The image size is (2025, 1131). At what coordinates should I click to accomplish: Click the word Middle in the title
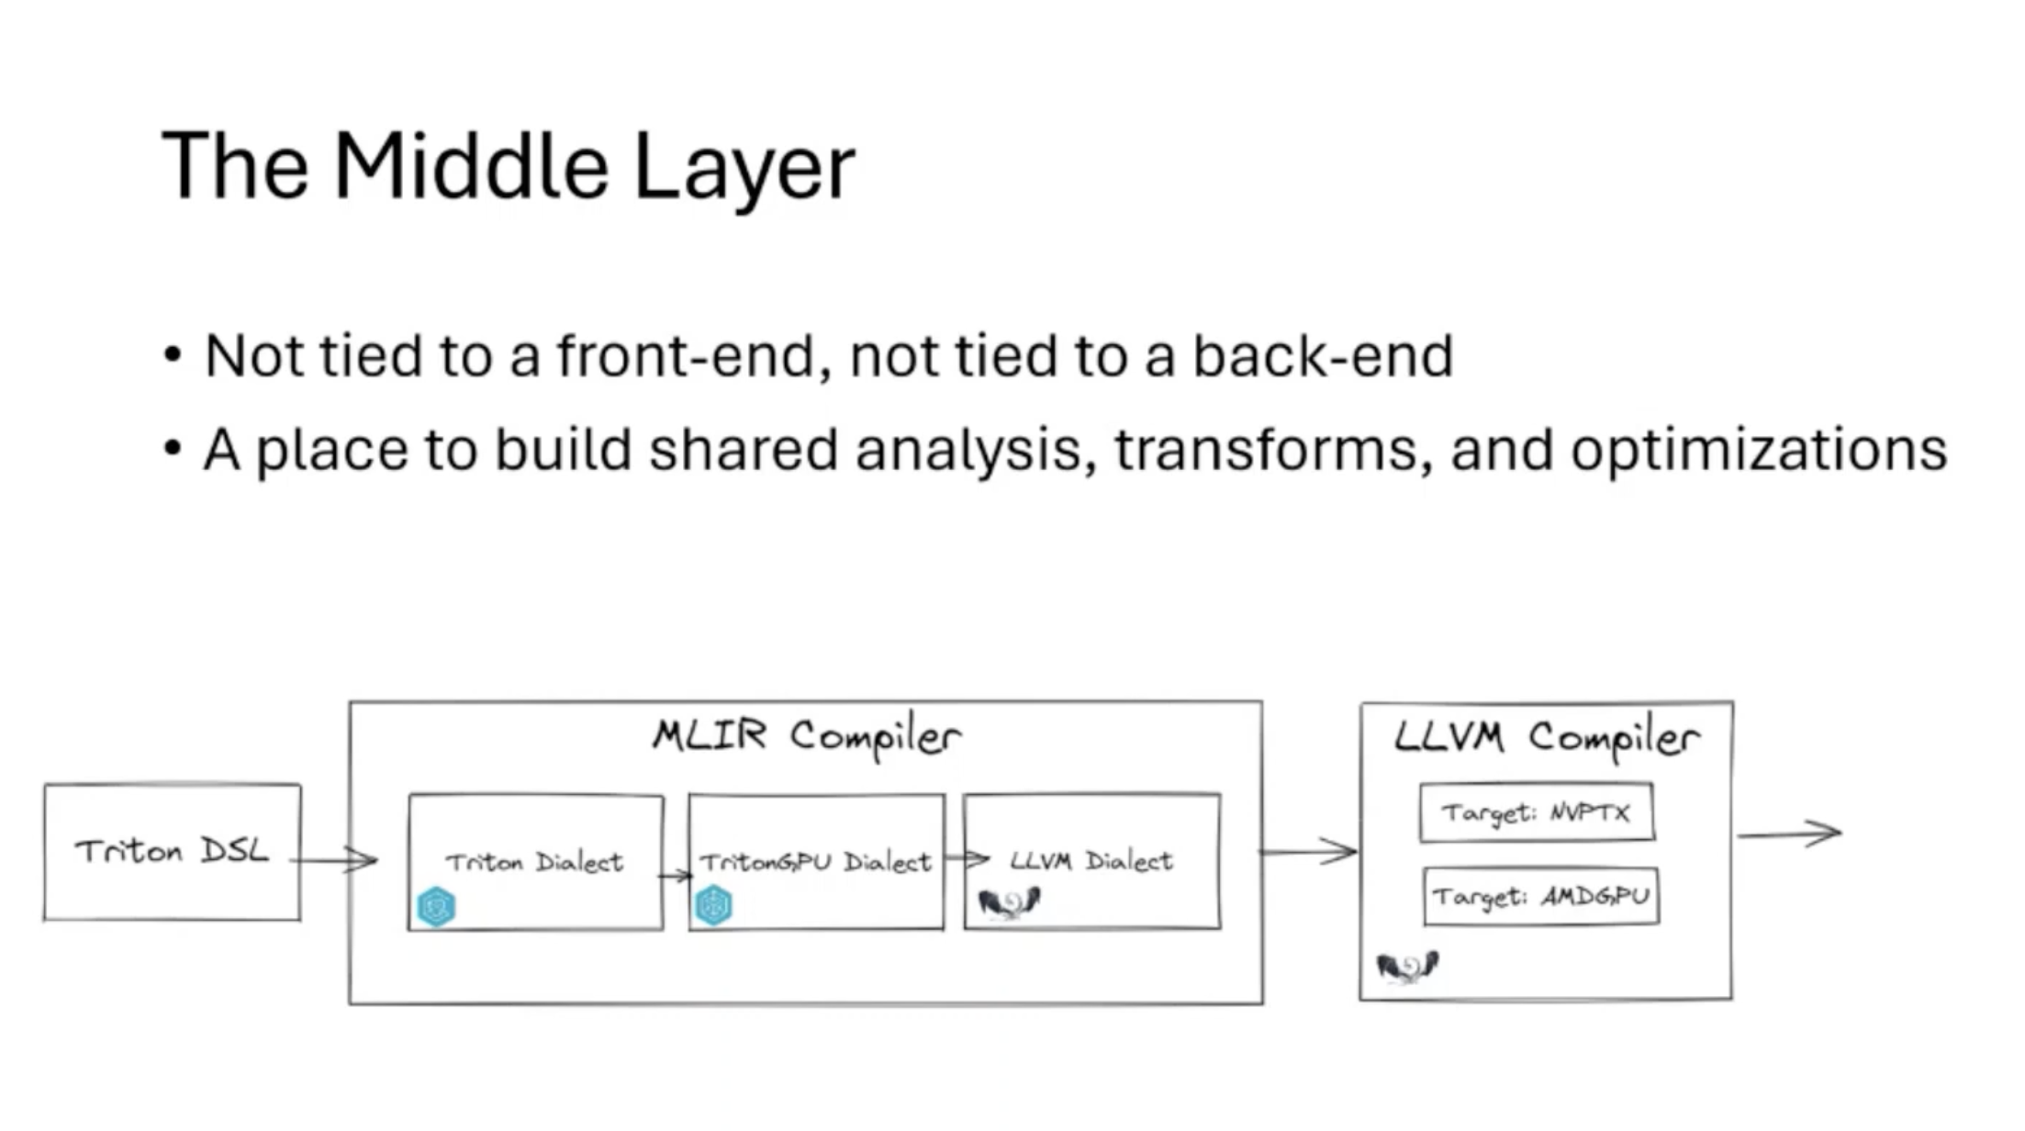[x=471, y=166]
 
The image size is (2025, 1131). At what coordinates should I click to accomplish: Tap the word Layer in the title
[x=744, y=170]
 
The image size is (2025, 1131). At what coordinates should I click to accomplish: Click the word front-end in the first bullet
[x=685, y=355]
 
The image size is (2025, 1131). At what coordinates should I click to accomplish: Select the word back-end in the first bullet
[x=1323, y=355]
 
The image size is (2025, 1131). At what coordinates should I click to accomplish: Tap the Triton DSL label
[x=172, y=851]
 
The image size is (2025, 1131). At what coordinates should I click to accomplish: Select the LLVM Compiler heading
[x=1547, y=738]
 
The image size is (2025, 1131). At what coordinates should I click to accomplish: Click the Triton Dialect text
[x=534, y=862]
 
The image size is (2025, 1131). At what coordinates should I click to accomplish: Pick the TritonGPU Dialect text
[x=816, y=862]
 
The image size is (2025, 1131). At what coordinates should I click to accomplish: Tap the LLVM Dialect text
[x=1091, y=860]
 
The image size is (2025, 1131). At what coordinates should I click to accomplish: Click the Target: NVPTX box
[x=1537, y=812]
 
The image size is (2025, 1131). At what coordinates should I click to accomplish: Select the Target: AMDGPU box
[x=1541, y=896]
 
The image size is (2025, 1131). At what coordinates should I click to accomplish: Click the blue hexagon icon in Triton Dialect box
[x=436, y=907]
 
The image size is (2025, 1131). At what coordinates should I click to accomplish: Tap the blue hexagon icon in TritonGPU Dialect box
[x=713, y=905]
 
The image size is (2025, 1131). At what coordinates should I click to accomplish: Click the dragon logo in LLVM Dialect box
[x=1009, y=903]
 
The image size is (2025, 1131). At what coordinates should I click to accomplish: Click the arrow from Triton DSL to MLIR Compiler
[x=333, y=860]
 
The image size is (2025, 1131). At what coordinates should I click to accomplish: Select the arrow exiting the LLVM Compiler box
[x=1790, y=834]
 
